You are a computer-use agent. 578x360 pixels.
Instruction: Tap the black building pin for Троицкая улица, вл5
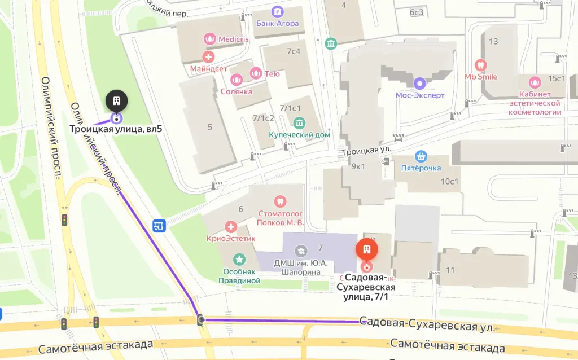116,101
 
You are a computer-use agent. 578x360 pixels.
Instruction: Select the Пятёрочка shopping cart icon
421,156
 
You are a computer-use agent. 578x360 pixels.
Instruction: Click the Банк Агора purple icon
277,11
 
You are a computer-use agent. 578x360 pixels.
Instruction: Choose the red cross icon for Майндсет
208,56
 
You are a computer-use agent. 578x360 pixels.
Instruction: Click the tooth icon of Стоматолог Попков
280,201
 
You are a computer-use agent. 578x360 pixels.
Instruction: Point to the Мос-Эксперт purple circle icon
419,84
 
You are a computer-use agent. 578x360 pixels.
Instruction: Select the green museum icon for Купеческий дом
299,122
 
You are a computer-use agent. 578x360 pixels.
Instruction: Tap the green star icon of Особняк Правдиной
240,259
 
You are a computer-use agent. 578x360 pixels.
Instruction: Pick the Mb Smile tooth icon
481,65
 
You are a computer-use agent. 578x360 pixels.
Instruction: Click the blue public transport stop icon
159,226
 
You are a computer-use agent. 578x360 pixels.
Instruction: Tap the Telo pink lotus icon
256,73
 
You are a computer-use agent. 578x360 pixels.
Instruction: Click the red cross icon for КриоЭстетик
231,227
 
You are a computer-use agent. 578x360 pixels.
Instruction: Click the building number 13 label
494,41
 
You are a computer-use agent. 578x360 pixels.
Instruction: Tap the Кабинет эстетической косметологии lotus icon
535,82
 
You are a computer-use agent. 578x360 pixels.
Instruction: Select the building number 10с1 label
450,181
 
